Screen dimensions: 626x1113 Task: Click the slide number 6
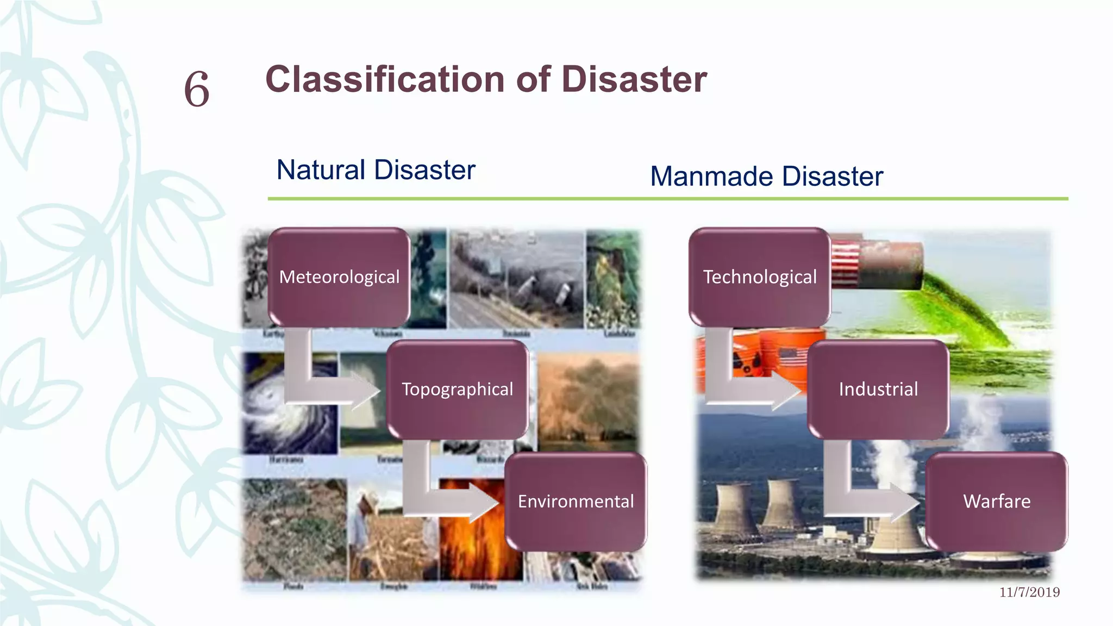(x=197, y=89)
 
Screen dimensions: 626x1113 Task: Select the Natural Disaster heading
(x=376, y=170)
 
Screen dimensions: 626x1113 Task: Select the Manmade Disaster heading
(x=766, y=177)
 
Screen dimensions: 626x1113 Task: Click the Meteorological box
(x=339, y=277)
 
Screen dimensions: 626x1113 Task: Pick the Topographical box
(x=457, y=390)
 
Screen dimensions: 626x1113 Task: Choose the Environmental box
(x=576, y=502)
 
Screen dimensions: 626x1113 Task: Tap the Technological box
(x=759, y=277)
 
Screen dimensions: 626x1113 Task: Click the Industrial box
(x=878, y=390)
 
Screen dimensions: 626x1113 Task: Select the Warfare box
(x=997, y=502)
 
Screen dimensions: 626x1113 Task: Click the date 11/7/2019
(x=1029, y=592)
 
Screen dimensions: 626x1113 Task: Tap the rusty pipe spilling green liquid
(x=891, y=266)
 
